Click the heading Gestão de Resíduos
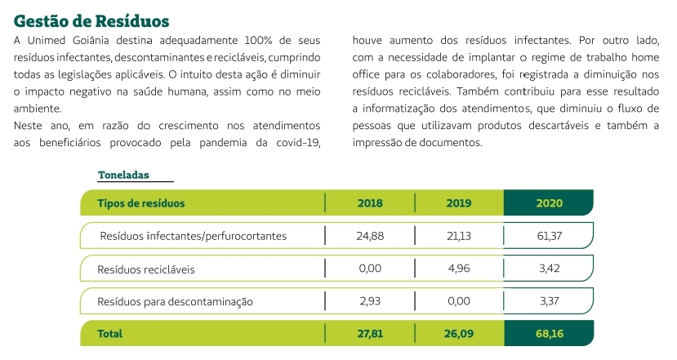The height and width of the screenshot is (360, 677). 91,21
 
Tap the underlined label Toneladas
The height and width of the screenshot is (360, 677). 123,175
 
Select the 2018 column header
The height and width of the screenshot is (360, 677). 370,203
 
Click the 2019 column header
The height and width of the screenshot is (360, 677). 458,203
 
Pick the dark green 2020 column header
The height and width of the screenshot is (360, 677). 550,203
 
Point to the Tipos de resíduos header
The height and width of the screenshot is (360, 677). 140,203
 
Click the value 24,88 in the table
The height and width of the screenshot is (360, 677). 370,236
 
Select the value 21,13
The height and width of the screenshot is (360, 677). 458,236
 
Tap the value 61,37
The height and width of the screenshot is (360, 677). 550,236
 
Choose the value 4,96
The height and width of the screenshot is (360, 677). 458,269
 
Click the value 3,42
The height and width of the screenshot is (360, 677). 550,269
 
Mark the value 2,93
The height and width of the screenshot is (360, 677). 370,301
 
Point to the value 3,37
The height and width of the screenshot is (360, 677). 550,301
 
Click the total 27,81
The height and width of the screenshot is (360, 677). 370,334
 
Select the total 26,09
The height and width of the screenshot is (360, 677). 458,334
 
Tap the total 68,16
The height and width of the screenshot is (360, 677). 550,334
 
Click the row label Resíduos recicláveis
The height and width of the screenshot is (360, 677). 146,269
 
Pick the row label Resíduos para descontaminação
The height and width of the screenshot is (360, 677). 175,302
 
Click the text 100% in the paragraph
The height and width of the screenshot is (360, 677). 258,41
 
